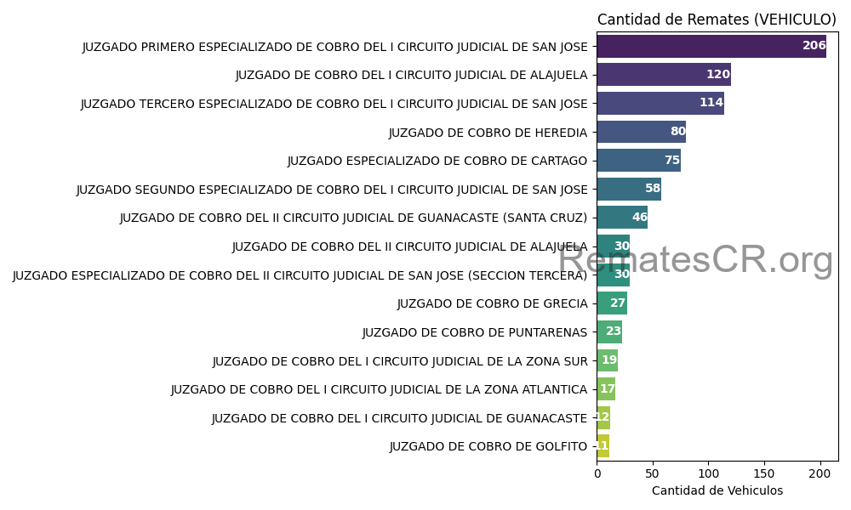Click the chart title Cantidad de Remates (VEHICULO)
[x=717, y=20]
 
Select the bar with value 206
[x=711, y=46]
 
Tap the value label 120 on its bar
[x=718, y=75]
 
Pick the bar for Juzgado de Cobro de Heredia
[x=641, y=132]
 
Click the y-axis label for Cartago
[x=437, y=161]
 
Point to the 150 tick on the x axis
[x=764, y=473]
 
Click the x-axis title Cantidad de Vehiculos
[x=717, y=490]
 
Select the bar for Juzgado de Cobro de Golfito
[x=603, y=446]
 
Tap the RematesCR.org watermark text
[x=695, y=259]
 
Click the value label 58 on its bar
[x=653, y=189]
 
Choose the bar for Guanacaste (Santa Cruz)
[x=622, y=218]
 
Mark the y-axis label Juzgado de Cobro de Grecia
[x=492, y=303]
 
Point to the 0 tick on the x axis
[x=597, y=473]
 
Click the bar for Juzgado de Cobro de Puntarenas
[x=609, y=331]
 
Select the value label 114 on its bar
[x=711, y=103]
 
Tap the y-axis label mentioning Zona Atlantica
[x=379, y=389]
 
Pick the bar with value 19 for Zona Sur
[x=607, y=360]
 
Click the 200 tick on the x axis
[x=820, y=473]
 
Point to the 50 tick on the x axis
[x=653, y=473]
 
